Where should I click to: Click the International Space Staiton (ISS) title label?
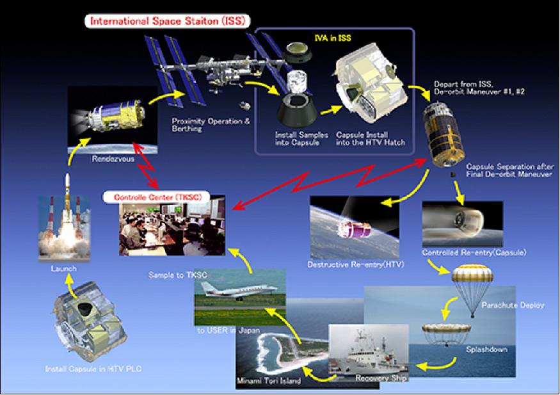(168, 21)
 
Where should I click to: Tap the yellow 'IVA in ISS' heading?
(333, 38)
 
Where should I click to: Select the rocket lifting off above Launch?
(67, 204)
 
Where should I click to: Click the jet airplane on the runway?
(239, 289)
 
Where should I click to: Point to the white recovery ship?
(368, 357)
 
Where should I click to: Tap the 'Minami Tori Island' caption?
(269, 381)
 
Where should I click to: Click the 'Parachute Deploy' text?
(513, 305)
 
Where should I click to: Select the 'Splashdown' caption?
(486, 350)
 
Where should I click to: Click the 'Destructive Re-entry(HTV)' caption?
(355, 264)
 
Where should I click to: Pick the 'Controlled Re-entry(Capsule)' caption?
(474, 252)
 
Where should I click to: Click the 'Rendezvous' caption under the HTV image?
(113, 159)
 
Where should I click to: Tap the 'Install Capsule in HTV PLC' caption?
(93, 369)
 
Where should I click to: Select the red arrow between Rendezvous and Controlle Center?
(145, 165)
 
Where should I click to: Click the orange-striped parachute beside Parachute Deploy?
(472, 275)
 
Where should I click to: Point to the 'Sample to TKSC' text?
(178, 275)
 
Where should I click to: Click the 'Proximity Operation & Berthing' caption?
(211, 125)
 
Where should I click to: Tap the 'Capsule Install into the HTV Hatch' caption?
(371, 139)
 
